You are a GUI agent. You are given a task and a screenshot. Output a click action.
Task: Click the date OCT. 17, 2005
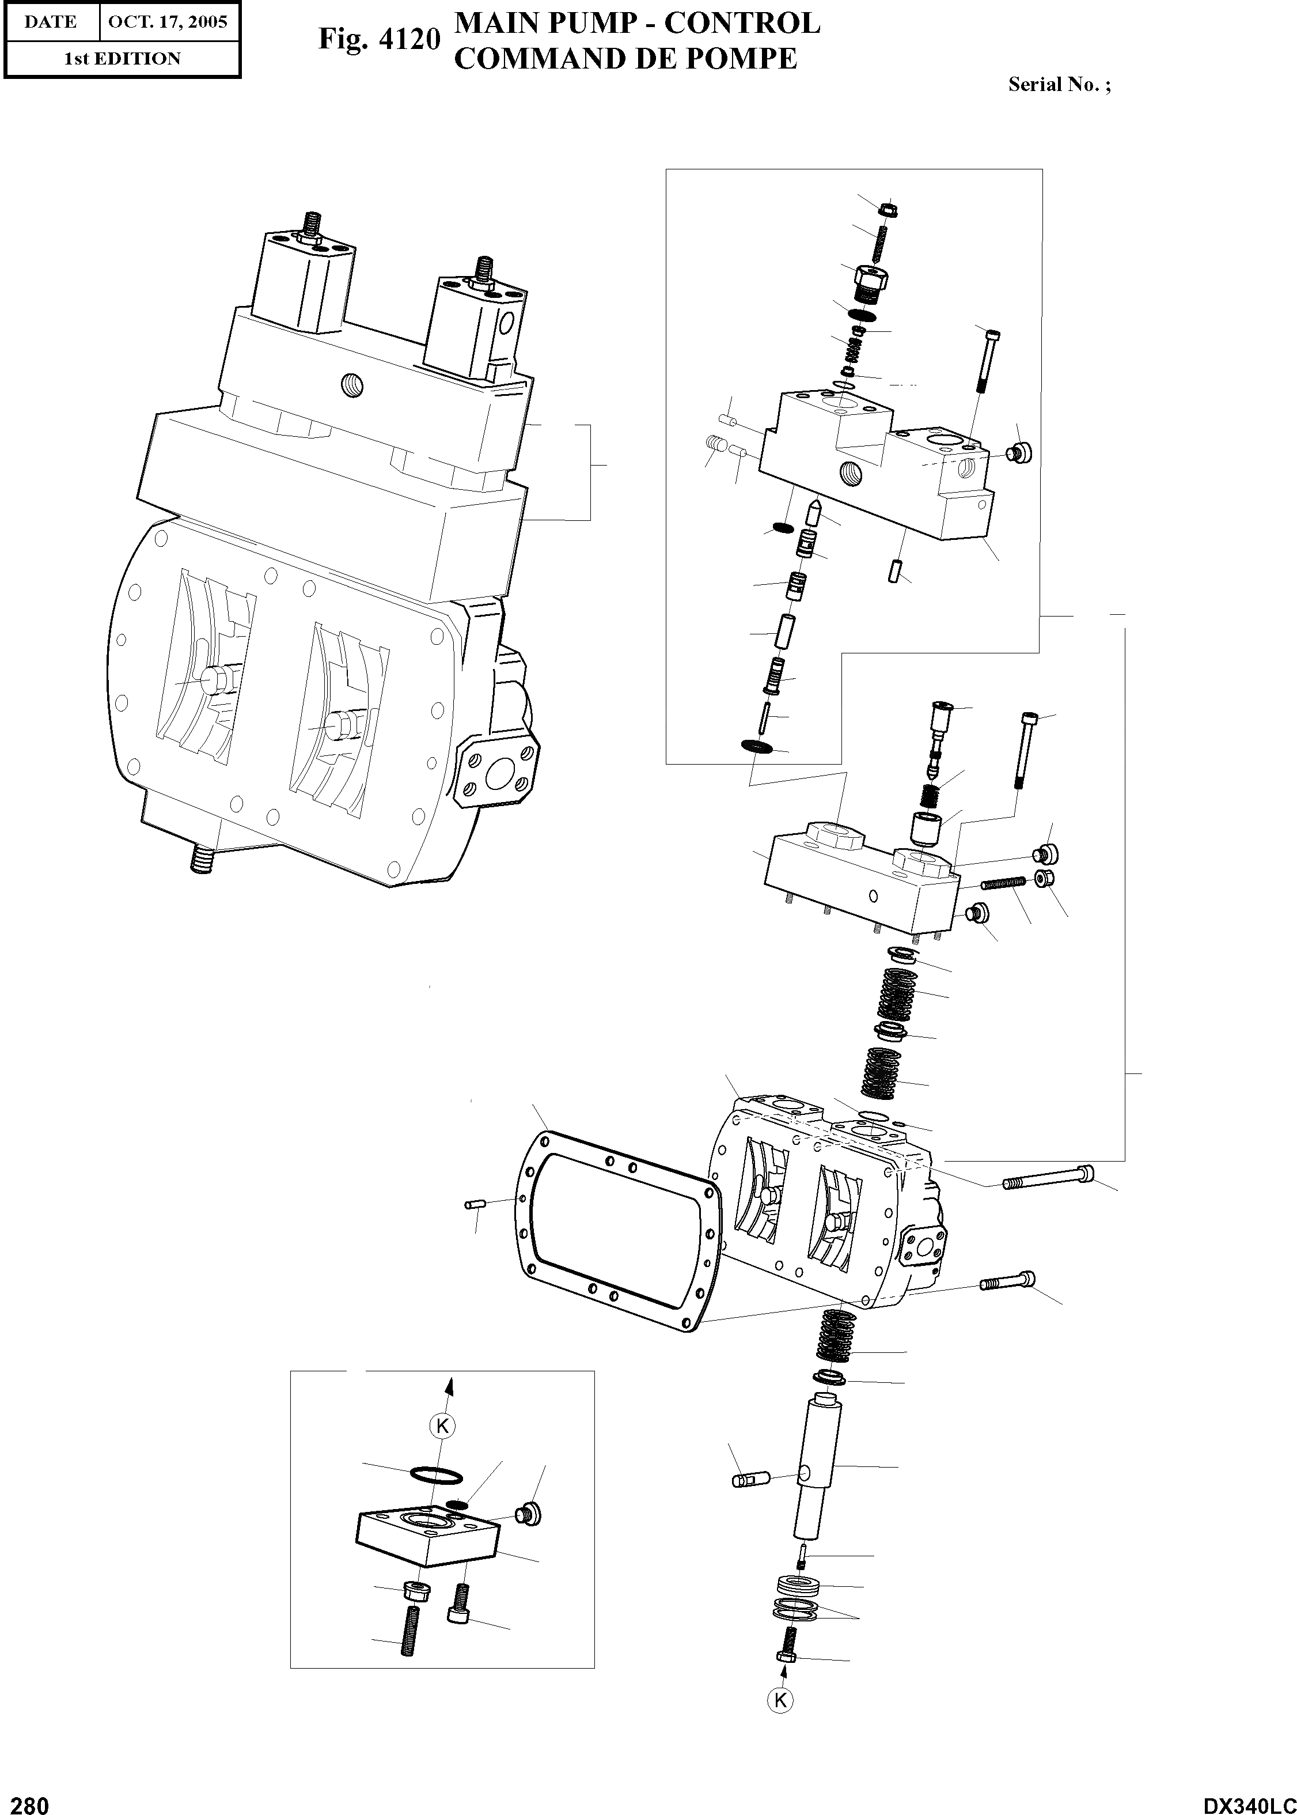(168, 21)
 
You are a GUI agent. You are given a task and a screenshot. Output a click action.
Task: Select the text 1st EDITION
(122, 58)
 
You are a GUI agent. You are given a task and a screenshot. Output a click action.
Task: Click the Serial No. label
(1059, 85)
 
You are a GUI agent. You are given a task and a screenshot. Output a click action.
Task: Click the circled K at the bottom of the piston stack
(780, 1700)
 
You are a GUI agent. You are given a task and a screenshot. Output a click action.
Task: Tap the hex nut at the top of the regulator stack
(886, 210)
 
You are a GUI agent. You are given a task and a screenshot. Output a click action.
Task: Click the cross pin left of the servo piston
(749, 1480)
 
